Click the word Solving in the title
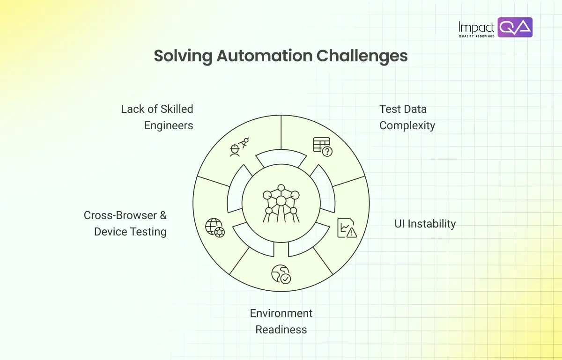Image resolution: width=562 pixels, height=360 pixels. click(183, 57)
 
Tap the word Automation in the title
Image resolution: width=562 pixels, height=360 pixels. click(265, 56)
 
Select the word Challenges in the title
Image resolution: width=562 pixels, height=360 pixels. click(362, 57)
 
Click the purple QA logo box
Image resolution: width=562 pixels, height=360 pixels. click(515, 27)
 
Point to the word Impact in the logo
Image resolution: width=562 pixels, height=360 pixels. click(476, 27)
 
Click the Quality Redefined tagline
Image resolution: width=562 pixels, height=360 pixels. click(476, 36)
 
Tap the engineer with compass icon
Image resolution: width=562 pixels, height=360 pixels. click(239, 147)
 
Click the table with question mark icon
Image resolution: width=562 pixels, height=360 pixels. click(323, 147)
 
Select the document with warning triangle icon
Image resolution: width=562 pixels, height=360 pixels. click(347, 228)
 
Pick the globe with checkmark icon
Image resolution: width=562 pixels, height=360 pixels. click(281, 274)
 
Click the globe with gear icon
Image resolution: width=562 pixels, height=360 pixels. click(215, 228)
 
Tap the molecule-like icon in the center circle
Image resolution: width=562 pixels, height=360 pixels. click(281, 204)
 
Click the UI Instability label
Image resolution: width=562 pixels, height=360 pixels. click(425, 224)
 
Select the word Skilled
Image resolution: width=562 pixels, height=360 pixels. click(177, 109)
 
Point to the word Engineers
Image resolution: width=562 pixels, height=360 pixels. click(169, 125)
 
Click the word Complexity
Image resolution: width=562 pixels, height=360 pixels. click(407, 125)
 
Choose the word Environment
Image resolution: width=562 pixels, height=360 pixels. click(281, 313)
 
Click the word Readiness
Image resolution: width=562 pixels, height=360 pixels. click(281, 330)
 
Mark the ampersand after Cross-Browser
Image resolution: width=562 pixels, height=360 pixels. click(163, 215)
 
